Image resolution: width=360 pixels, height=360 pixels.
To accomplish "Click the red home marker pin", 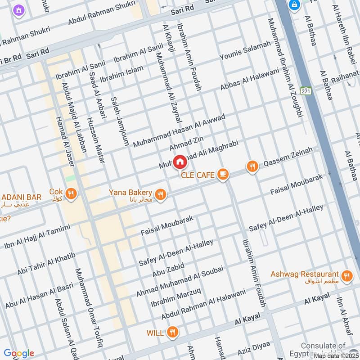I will [x=179, y=162].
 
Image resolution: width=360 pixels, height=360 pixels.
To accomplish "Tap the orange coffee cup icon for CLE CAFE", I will [x=222, y=174].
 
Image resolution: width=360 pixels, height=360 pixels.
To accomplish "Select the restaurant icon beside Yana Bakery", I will [x=161, y=194].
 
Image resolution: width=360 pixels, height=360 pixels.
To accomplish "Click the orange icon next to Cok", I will [x=71, y=194].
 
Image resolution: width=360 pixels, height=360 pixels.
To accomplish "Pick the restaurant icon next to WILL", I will [x=171, y=333].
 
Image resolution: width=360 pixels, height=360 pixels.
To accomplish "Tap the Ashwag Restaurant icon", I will [x=346, y=276].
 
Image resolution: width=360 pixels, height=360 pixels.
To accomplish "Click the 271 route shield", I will [x=306, y=91].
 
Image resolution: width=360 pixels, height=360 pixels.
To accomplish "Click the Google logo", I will [x=19, y=353].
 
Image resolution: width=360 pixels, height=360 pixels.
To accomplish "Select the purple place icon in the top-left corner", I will [x=18, y=10].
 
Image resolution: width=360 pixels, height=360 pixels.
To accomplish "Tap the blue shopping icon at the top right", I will [x=295, y=4].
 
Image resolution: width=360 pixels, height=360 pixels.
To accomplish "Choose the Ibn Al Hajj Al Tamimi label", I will [x=37, y=237].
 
